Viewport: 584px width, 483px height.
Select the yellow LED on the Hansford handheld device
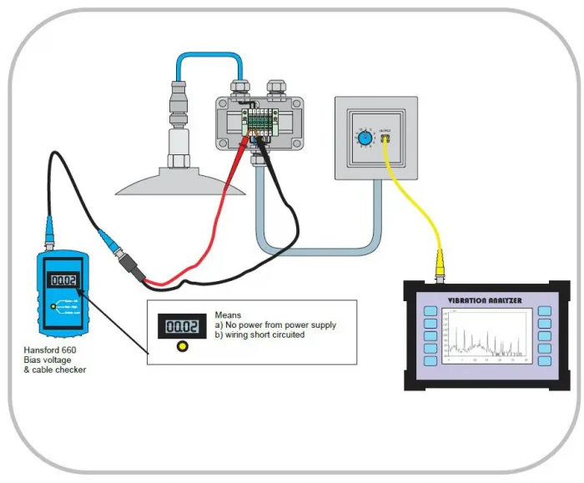click(x=53, y=307)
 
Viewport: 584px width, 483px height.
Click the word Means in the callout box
click(x=228, y=314)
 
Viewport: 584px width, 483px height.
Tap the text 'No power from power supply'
click(x=280, y=325)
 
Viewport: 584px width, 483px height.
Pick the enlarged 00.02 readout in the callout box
click(x=183, y=326)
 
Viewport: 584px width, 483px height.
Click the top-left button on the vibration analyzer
click(x=430, y=312)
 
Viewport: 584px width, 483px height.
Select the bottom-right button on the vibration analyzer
click(x=545, y=361)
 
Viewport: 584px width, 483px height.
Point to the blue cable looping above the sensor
click(x=208, y=58)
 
